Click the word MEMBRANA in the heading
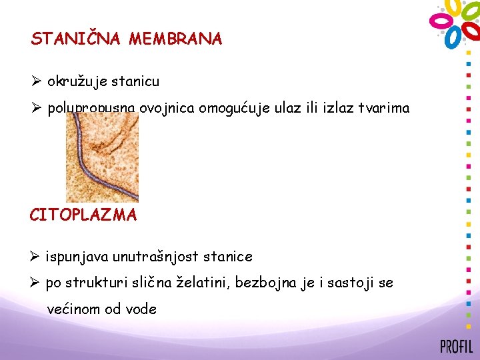pyautogui.click(x=176, y=39)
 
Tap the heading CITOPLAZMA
pyautogui.click(x=83, y=215)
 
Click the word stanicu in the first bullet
pyautogui.click(x=135, y=82)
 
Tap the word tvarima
pyautogui.click(x=383, y=109)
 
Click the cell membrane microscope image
pyautogui.click(x=102, y=157)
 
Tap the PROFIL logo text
pyautogui.click(x=455, y=347)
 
